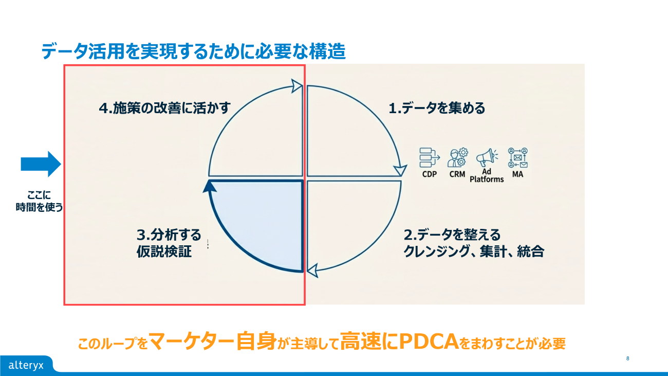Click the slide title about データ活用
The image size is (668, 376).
pyautogui.click(x=193, y=51)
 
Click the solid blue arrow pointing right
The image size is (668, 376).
pyautogui.click(x=41, y=164)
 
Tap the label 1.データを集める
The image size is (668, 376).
pyautogui.click(x=437, y=109)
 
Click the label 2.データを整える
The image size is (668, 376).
pyautogui.click(x=452, y=235)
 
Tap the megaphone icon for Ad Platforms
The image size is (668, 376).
pyautogui.click(x=486, y=157)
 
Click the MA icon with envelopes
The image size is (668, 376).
pyautogui.click(x=518, y=157)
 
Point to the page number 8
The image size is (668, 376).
pyautogui.click(x=628, y=358)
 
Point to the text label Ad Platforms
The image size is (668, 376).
pyautogui.click(x=487, y=175)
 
